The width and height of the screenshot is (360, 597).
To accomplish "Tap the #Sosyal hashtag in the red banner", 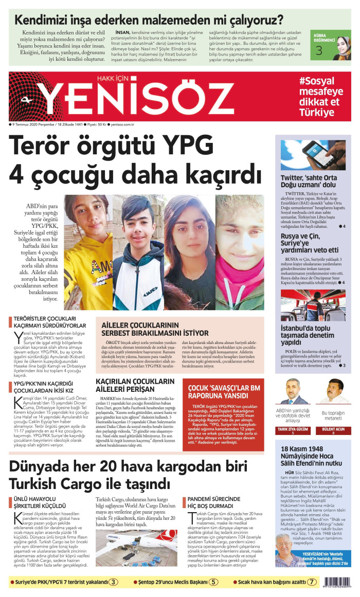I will pos(316,81).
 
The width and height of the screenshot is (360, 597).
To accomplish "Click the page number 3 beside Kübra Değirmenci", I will pos(319,51).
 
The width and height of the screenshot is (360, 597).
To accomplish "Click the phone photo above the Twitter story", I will pos(313,155).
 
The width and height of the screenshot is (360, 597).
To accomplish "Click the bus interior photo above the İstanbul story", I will pos(313,305).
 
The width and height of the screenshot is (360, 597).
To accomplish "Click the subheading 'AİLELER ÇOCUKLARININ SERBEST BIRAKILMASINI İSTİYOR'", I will pos(155,329).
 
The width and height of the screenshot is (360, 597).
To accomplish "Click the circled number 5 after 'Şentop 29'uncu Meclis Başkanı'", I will pos(213,583).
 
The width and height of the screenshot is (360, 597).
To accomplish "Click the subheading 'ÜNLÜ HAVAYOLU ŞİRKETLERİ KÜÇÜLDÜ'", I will pos(38,502).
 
